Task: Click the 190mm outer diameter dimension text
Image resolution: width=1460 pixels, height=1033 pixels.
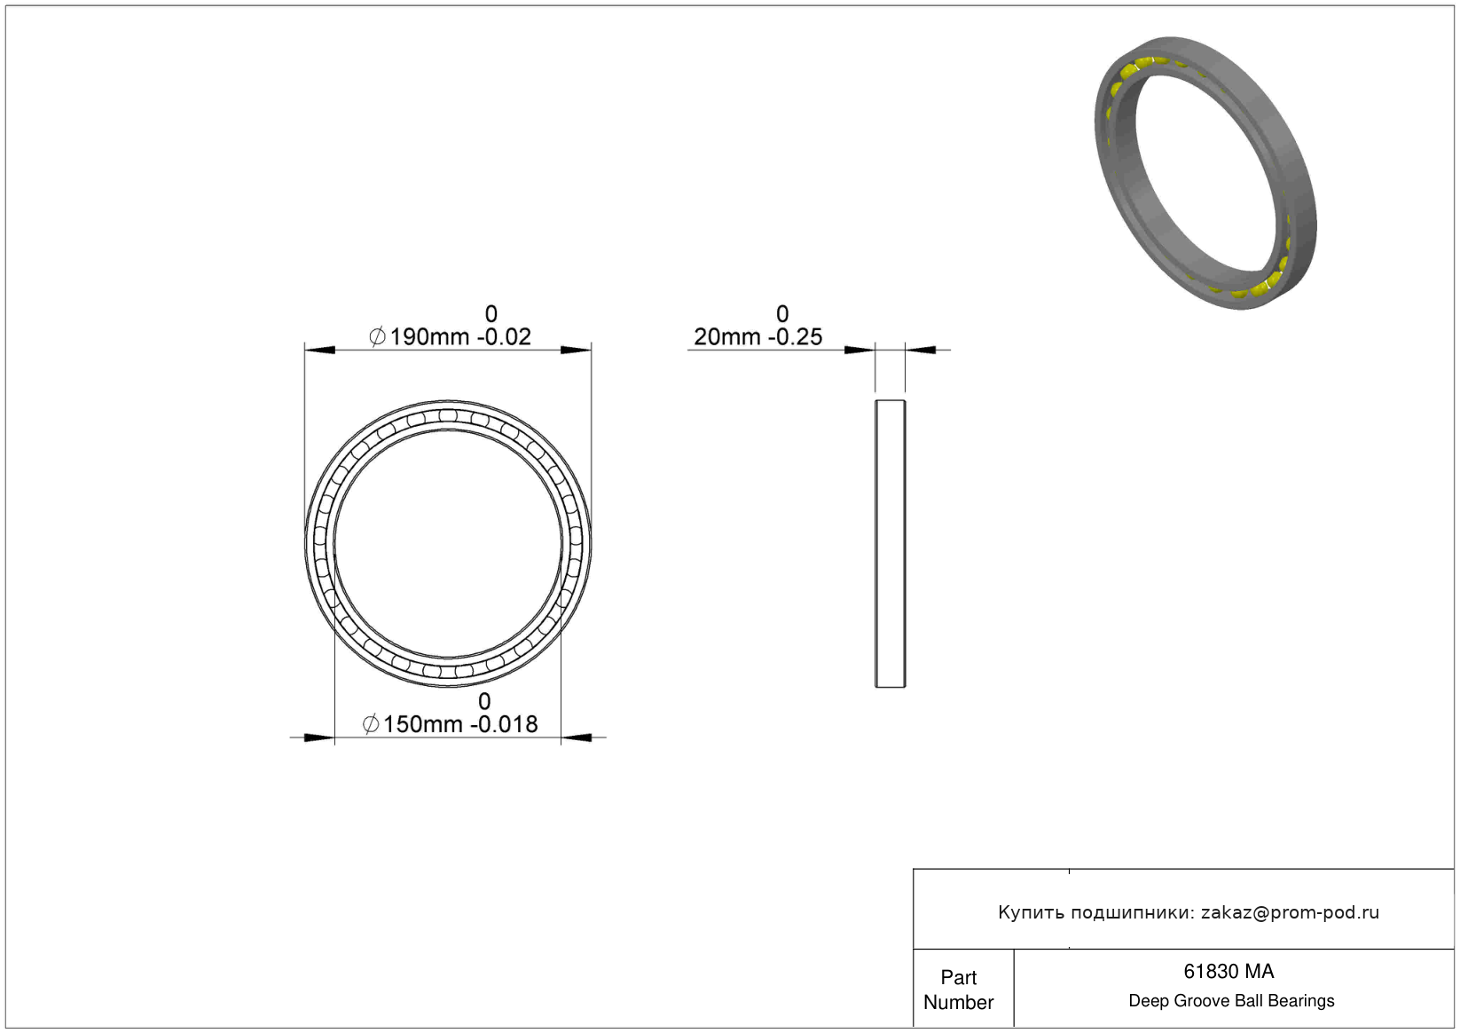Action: pyautogui.click(x=429, y=337)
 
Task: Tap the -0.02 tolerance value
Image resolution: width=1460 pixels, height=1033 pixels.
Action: pyautogui.click(x=505, y=337)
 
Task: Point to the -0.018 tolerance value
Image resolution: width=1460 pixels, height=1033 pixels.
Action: pyautogui.click(x=505, y=724)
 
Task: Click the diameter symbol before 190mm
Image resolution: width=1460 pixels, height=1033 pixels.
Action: pyautogui.click(x=377, y=337)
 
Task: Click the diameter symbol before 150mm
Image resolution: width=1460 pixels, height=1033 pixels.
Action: pyautogui.click(x=371, y=724)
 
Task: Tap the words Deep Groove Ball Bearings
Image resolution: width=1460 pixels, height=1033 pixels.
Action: pyautogui.click(x=1231, y=1001)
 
